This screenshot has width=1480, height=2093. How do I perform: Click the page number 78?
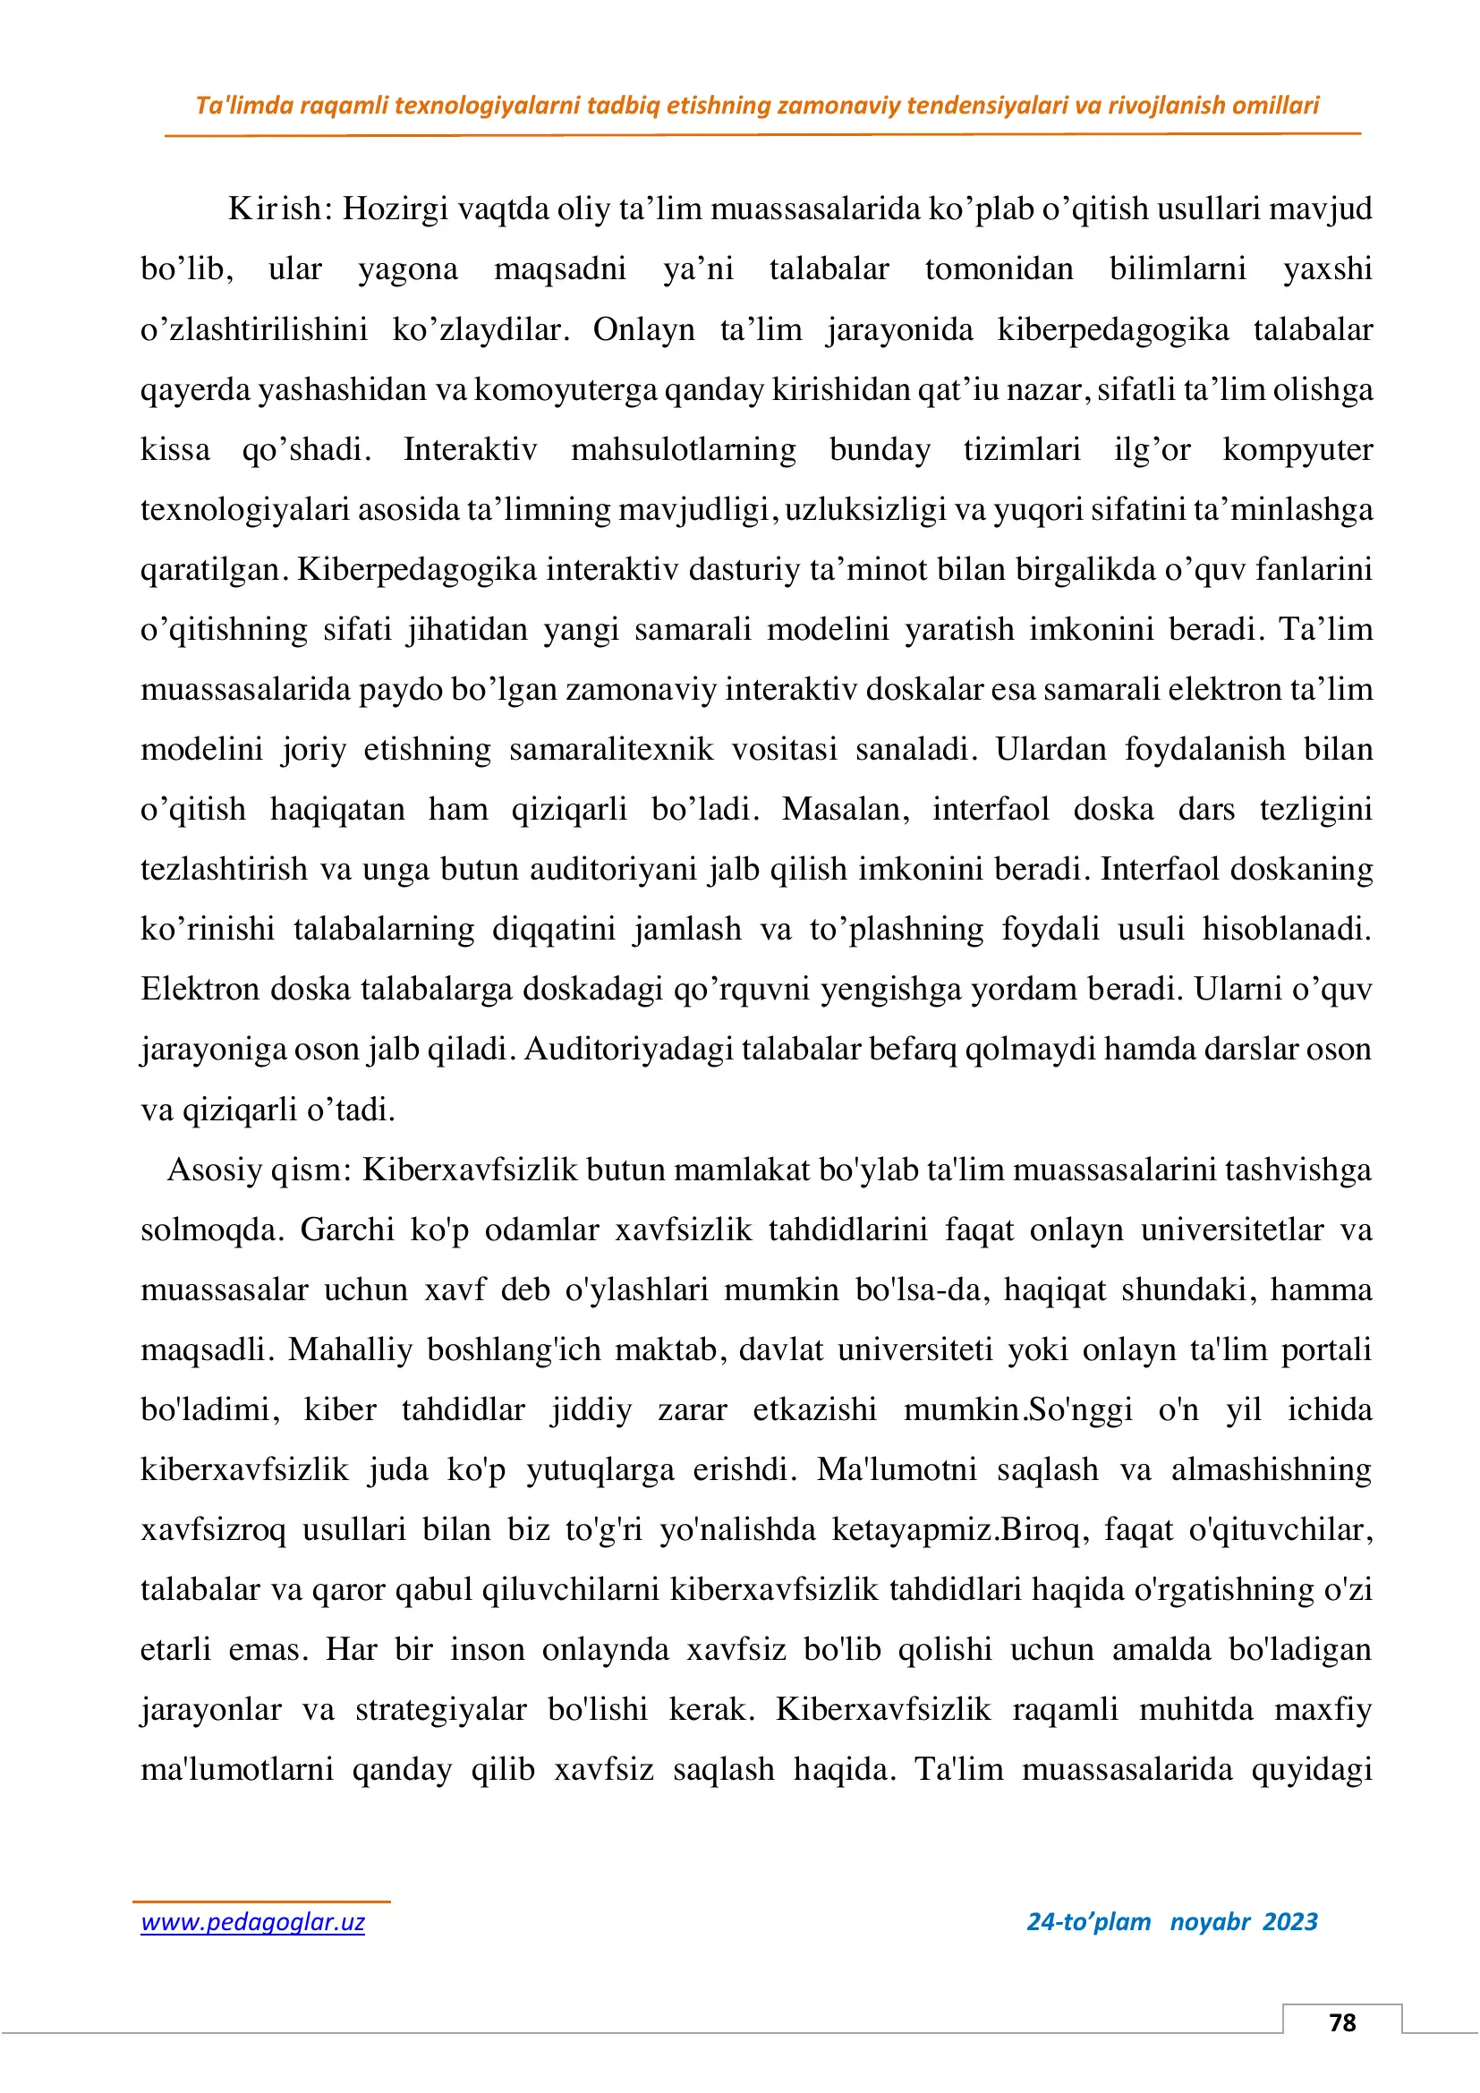click(1341, 2022)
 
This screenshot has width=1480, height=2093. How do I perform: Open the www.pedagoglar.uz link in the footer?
click(252, 1922)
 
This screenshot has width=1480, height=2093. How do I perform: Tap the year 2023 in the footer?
click(1289, 1921)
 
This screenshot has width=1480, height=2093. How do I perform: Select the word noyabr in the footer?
click(1210, 1921)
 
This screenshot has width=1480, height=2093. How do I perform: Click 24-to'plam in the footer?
click(1088, 1921)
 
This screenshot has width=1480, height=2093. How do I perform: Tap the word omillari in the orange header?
click(1275, 106)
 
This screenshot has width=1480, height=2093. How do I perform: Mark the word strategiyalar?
click(440, 1709)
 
